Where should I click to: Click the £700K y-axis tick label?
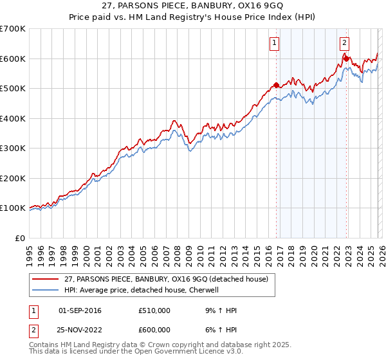pyautogui.click(x=13, y=29)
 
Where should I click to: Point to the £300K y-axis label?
pyautogui.click(x=13, y=148)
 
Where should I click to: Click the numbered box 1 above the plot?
pyautogui.click(x=275, y=43)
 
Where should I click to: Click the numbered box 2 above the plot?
pyautogui.click(x=345, y=43)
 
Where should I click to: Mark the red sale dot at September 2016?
pyautogui.click(x=277, y=85)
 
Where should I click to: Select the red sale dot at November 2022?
pyautogui.click(x=347, y=59)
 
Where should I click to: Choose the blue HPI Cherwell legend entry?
pyautogui.click(x=142, y=289)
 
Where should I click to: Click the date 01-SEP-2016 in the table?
pyautogui.click(x=80, y=310)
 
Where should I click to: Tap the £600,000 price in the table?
pyautogui.click(x=154, y=329)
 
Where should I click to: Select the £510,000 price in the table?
pyautogui.click(x=154, y=310)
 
